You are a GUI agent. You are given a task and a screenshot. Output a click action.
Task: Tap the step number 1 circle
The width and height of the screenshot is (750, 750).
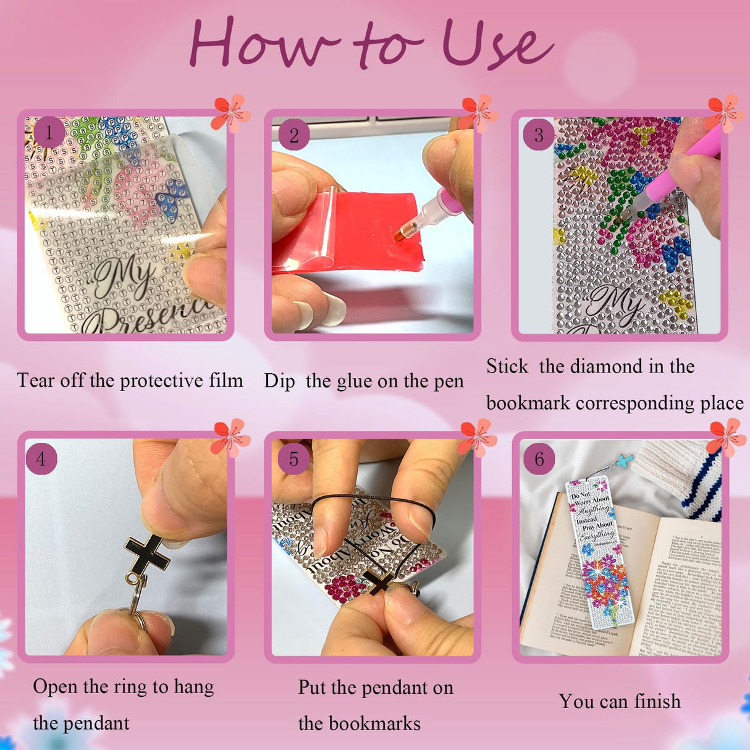click(x=49, y=132)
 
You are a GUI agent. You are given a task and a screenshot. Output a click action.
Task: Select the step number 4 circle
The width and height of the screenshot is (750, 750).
click(x=41, y=459)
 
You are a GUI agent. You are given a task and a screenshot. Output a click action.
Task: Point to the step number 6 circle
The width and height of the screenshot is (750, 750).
click(x=539, y=459)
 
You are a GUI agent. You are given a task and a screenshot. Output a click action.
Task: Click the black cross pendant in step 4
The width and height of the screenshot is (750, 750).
click(x=147, y=554)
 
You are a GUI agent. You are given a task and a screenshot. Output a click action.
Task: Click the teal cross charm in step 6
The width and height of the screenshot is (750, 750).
click(x=626, y=461)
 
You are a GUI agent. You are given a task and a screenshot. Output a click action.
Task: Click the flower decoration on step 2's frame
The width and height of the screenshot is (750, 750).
click(x=478, y=113)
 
